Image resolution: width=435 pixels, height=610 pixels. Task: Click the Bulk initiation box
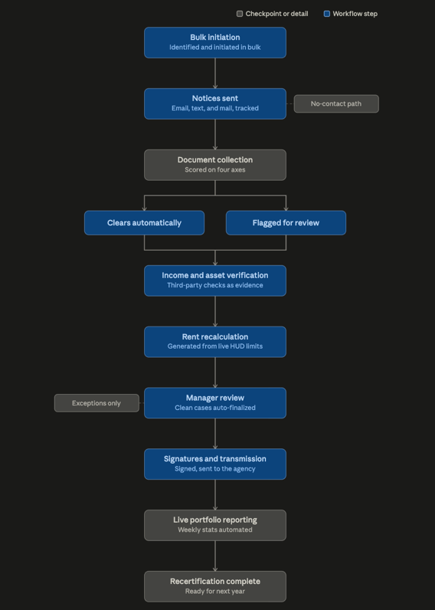(215, 42)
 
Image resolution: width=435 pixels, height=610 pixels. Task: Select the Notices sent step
(215, 103)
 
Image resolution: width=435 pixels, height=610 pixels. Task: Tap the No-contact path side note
(336, 104)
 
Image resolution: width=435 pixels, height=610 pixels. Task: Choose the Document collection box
(215, 165)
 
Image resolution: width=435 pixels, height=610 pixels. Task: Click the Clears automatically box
(144, 223)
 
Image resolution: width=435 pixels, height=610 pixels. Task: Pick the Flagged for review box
(286, 223)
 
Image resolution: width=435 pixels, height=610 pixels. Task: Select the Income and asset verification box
(215, 280)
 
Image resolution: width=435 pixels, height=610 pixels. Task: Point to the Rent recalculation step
(215, 342)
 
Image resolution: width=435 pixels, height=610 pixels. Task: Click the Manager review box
(215, 402)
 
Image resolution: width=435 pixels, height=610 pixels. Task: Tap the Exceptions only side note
(96, 403)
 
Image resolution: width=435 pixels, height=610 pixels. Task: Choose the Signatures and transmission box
(215, 464)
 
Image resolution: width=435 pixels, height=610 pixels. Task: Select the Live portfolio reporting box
(215, 525)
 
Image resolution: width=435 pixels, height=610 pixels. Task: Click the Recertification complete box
(215, 586)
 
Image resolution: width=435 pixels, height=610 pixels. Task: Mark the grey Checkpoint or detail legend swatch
(240, 14)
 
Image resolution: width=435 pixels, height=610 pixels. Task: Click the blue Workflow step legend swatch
(327, 14)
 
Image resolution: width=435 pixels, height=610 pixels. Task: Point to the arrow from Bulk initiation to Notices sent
(215, 73)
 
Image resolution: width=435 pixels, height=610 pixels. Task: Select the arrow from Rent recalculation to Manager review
(215, 372)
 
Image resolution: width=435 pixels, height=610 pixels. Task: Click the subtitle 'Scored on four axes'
(215, 169)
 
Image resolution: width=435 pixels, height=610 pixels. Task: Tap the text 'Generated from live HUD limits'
(215, 346)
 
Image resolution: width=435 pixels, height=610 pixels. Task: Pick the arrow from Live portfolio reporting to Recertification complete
(215, 556)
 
